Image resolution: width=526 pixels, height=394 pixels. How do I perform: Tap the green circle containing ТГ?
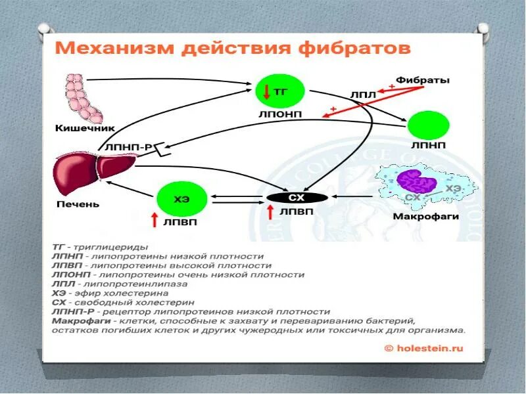(281, 92)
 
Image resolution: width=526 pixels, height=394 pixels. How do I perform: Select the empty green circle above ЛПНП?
(429, 125)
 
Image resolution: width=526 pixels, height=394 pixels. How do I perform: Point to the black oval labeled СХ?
(297, 197)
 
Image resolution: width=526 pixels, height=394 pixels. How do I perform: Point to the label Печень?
(77, 204)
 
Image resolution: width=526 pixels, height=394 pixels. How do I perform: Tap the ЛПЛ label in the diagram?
(364, 95)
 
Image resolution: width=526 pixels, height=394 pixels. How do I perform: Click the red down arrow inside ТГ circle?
(266, 92)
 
